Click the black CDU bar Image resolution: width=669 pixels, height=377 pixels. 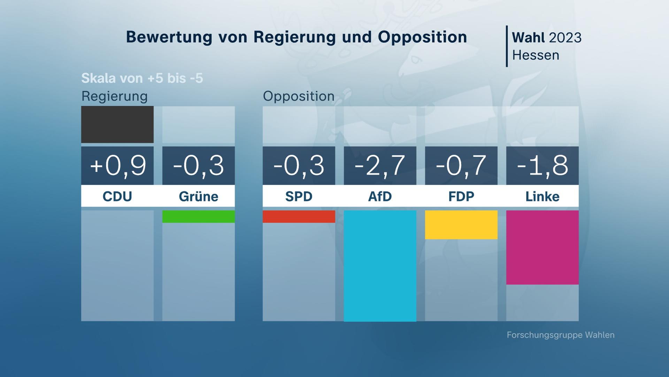click(x=117, y=125)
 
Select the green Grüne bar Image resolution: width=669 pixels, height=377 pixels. click(x=198, y=216)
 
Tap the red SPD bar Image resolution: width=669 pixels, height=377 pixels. click(x=299, y=216)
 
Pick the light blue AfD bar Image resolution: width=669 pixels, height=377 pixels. click(x=380, y=265)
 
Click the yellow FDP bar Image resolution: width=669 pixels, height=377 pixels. click(x=461, y=225)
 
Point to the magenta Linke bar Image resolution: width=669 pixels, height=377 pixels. click(x=542, y=247)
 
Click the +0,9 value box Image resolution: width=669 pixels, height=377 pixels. click(x=117, y=165)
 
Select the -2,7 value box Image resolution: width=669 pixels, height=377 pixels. click(x=380, y=165)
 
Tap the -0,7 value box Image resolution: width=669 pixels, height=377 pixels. click(x=461, y=165)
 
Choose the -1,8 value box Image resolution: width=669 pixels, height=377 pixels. click(x=542, y=165)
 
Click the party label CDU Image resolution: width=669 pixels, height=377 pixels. click(x=117, y=197)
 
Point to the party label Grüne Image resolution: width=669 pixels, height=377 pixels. click(x=198, y=197)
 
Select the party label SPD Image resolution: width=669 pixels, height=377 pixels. click(x=299, y=197)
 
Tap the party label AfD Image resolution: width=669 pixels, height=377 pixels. click(x=380, y=197)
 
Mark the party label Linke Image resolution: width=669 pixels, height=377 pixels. click(x=542, y=197)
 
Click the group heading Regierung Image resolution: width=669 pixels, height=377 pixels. click(x=114, y=96)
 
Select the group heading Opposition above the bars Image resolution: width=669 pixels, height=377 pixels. click(x=299, y=96)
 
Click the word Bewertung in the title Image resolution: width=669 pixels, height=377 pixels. click(x=169, y=37)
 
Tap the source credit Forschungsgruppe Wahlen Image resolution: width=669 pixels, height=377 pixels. click(x=560, y=335)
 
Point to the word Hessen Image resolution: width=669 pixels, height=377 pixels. click(x=536, y=55)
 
